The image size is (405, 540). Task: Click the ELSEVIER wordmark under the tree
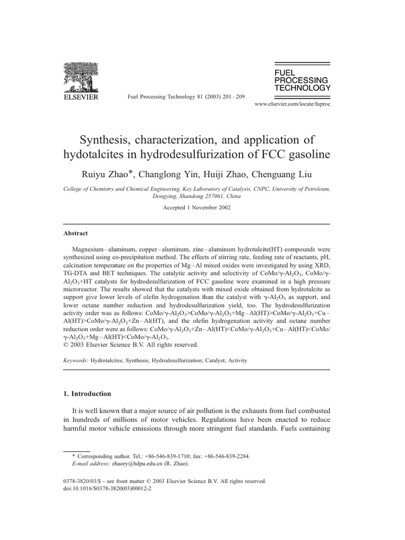(81, 98)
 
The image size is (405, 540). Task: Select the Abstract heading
(76, 233)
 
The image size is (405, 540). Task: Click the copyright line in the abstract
(131, 345)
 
